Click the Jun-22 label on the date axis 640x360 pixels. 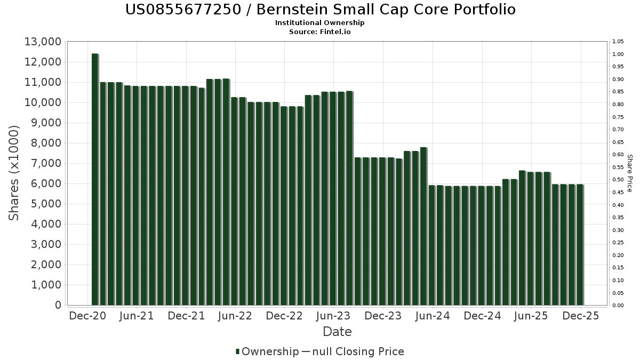(235, 316)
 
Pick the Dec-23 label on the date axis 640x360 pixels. (383, 316)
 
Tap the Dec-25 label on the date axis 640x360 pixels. (580, 316)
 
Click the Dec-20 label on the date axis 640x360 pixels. (87, 316)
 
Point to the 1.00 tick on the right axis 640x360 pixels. (618, 54)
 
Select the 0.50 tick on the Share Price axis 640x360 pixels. (618, 180)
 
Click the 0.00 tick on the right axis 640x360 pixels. (618, 306)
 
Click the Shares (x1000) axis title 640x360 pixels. (14, 173)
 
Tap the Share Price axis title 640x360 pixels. (629, 173)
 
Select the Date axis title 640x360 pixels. (337, 332)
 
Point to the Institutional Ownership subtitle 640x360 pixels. (320, 23)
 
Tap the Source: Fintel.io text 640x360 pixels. (320, 31)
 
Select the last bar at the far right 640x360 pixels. (580, 245)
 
